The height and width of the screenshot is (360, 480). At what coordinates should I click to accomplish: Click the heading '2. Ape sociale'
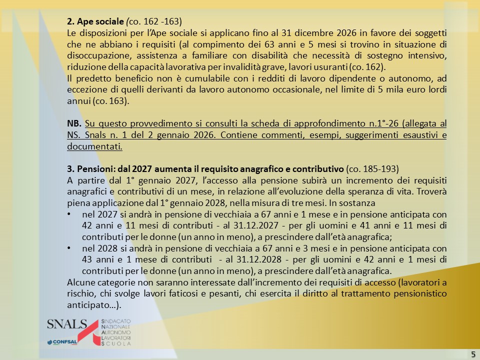tap(95, 21)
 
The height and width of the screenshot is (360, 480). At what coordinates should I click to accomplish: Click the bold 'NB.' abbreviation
tap(74, 123)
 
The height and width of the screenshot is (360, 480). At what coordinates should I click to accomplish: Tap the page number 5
tap(472, 354)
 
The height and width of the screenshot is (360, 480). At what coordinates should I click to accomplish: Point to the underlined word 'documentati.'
tap(94, 146)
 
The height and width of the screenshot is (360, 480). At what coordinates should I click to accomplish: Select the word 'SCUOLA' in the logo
tap(116, 344)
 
